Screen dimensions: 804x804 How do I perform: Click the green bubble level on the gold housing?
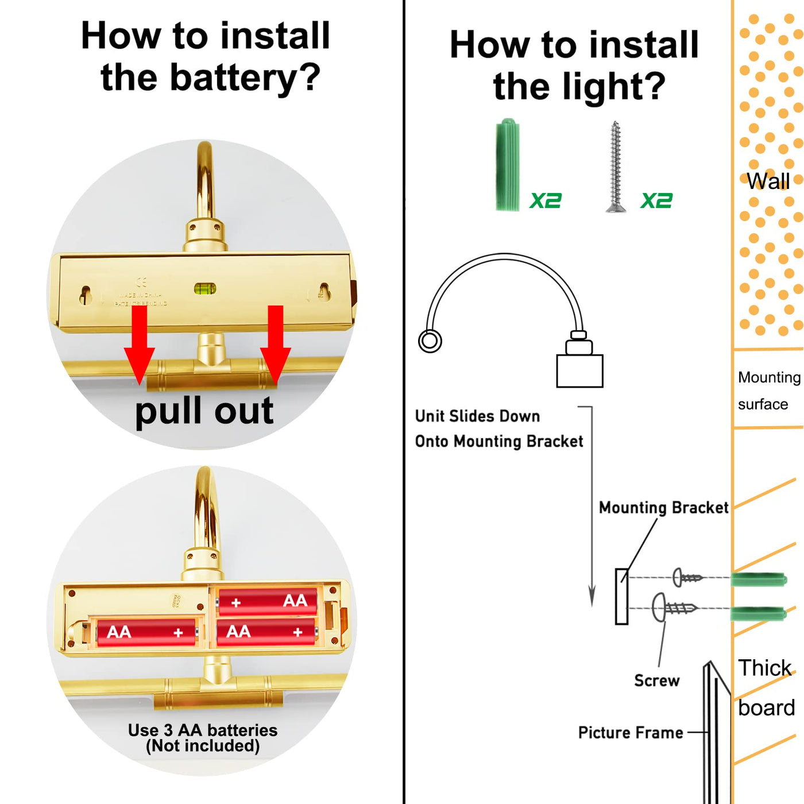click(205, 288)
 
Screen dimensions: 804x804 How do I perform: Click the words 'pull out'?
click(204, 411)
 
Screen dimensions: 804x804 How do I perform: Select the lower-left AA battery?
click(146, 632)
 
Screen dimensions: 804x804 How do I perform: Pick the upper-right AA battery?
click(268, 601)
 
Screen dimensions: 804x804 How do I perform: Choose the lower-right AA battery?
click(266, 632)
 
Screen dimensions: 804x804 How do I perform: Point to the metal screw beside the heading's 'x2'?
click(616, 167)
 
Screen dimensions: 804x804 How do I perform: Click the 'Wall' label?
click(768, 181)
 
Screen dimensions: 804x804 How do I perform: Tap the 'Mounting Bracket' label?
click(663, 508)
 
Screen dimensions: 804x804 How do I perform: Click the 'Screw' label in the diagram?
click(656, 681)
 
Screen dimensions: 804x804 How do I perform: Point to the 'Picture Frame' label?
click(631, 733)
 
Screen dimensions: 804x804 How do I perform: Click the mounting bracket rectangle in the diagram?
click(621, 596)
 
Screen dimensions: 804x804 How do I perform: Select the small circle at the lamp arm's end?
click(430, 341)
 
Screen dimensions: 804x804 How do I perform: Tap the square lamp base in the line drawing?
click(579, 371)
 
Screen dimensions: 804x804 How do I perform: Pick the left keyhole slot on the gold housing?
click(86, 295)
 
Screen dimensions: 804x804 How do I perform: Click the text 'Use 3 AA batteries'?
click(203, 730)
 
